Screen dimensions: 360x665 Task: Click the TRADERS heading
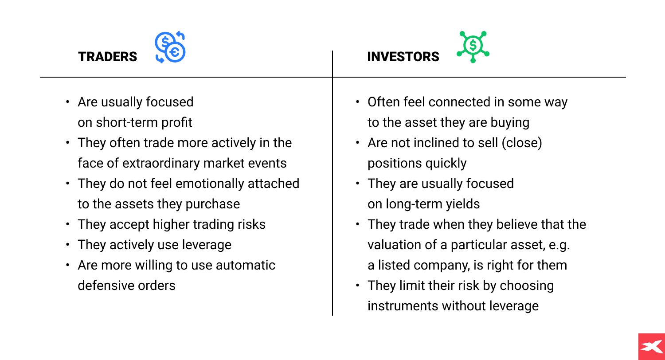tap(108, 57)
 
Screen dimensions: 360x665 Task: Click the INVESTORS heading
tap(403, 57)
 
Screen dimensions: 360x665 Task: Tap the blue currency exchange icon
tap(170, 47)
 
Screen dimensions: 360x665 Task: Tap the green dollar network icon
tap(473, 47)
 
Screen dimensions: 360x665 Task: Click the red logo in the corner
tap(651, 346)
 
